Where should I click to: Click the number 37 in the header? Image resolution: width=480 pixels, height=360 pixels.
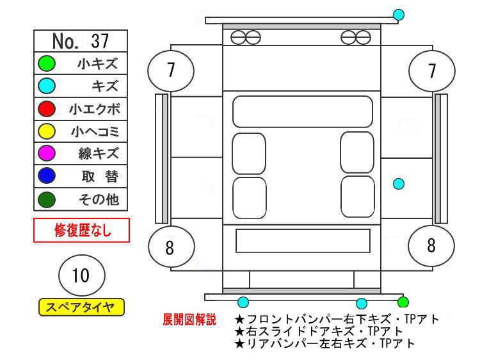[x=100, y=41]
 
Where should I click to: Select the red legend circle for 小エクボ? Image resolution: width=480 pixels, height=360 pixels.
[x=47, y=109]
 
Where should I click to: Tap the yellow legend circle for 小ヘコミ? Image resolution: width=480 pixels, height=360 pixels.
[x=47, y=131]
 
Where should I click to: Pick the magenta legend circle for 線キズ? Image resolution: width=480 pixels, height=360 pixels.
[x=47, y=153]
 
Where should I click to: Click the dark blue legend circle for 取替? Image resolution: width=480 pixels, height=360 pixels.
[x=47, y=176]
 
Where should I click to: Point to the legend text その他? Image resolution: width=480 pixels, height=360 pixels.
[x=99, y=199]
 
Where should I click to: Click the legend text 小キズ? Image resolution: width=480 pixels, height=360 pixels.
[x=98, y=63]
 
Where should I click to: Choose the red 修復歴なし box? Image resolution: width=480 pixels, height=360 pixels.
[x=81, y=230]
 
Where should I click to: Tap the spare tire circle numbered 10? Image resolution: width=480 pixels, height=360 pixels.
[x=82, y=275]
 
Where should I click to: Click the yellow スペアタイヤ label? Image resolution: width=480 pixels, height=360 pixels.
[x=81, y=307]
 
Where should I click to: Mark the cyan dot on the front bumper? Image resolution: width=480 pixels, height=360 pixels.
[x=399, y=14]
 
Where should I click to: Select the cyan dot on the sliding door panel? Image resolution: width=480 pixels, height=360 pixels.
[x=399, y=184]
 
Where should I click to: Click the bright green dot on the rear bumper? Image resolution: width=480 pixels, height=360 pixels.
[x=403, y=302]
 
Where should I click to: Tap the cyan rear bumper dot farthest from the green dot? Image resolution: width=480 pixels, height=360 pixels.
[x=243, y=302]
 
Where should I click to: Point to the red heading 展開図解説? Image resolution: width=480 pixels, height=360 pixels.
[x=189, y=320]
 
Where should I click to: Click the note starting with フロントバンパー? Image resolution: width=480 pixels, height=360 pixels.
[x=337, y=319]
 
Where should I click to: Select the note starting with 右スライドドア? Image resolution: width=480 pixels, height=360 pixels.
[x=318, y=331]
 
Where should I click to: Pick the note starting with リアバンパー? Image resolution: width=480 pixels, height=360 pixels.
[x=324, y=343]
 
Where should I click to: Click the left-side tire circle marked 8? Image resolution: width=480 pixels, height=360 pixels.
[x=172, y=247]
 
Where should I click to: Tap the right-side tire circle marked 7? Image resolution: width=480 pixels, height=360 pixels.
[x=432, y=70]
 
